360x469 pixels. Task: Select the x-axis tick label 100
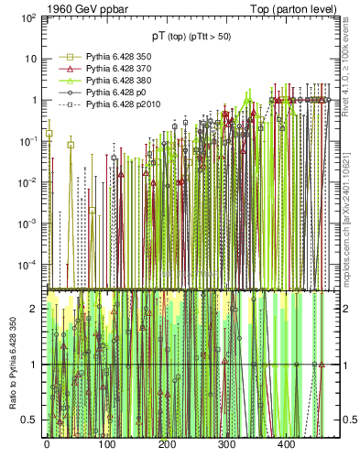pyautogui.click(x=106, y=444)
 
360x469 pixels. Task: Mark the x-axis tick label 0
pyautogui.click(x=47, y=444)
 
